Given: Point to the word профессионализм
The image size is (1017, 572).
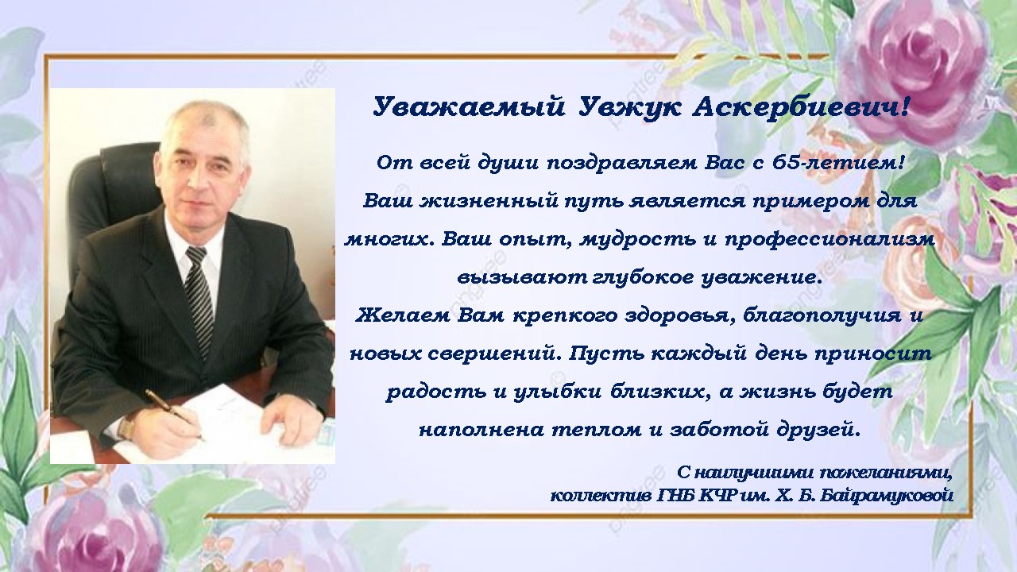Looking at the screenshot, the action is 829,240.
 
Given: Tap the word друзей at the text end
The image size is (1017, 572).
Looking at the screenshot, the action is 818,430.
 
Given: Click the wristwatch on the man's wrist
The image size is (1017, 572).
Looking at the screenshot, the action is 127,428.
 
